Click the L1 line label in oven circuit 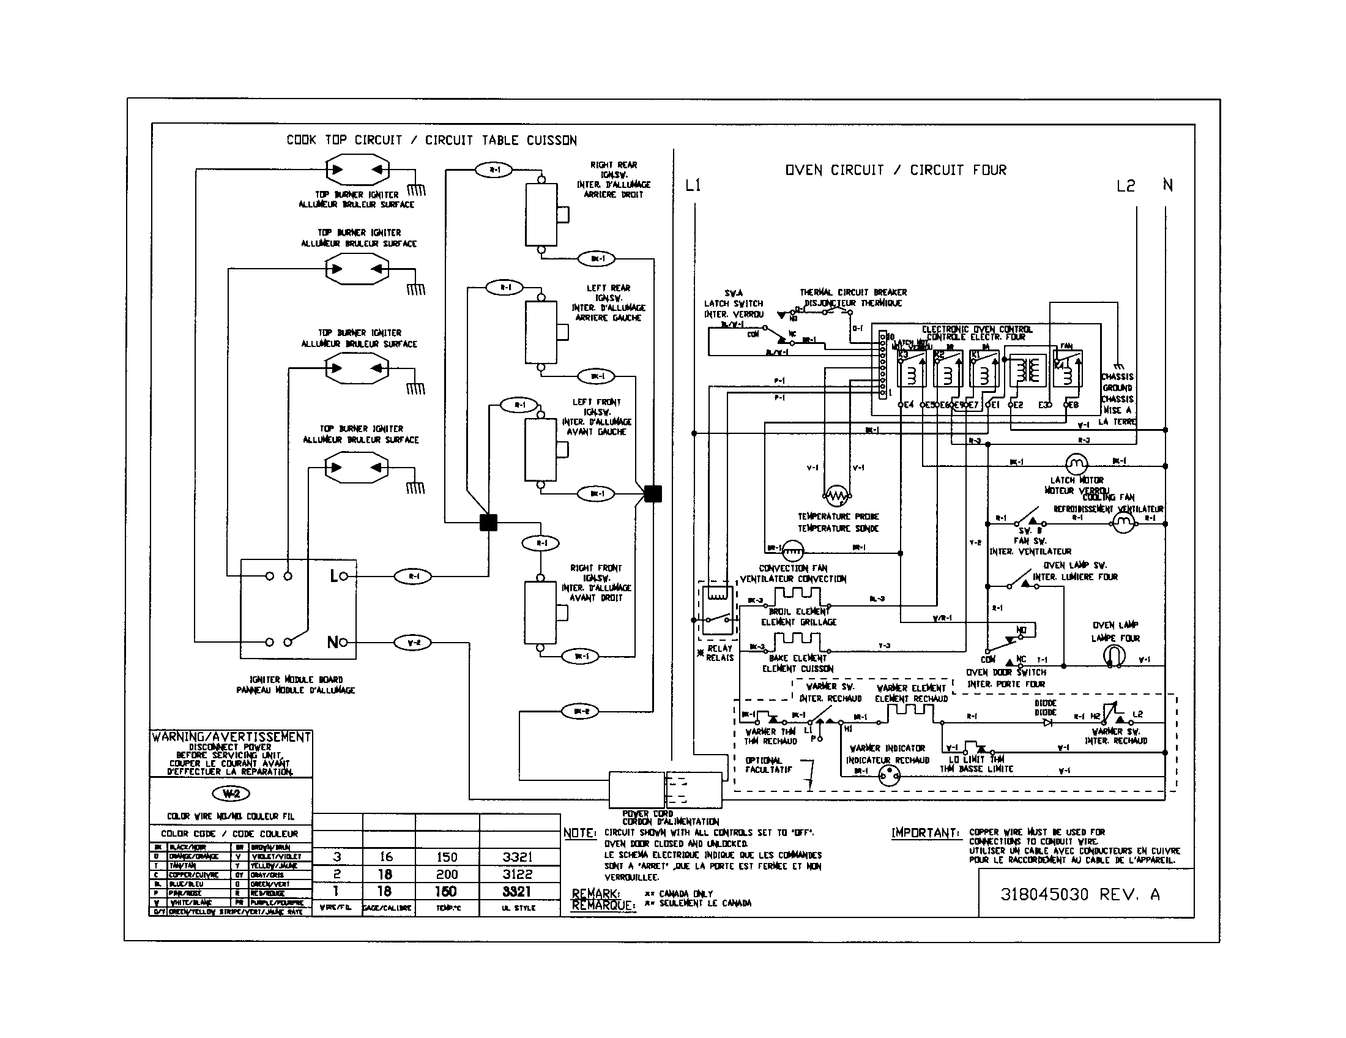(x=693, y=185)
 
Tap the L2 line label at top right (x=1125, y=185)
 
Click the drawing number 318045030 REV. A (x=1080, y=894)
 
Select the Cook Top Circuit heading (x=431, y=141)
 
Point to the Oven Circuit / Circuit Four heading (x=895, y=170)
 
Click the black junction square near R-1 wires (x=488, y=522)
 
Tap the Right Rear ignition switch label (x=613, y=179)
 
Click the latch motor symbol (x=1076, y=463)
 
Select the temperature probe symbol (x=836, y=495)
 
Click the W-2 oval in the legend (x=231, y=793)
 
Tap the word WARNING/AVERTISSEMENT (x=231, y=737)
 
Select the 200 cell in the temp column (x=447, y=874)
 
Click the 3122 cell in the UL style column (x=516, y=874)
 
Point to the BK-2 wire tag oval (x=581, y=711)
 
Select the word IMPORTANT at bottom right (x=925, y=834)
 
